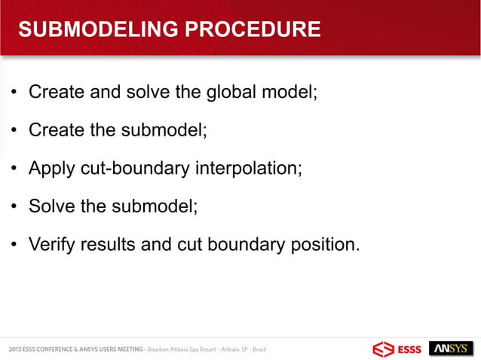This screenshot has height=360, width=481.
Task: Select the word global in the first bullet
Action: click(x=223, y=93)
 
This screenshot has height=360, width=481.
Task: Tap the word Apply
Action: click(x=52, y=168)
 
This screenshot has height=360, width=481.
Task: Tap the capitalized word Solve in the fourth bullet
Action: click(x=52, y=206)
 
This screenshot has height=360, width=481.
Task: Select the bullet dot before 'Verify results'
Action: click(x=14, y=245)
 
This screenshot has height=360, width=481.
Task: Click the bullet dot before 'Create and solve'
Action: click(x=14, y=93)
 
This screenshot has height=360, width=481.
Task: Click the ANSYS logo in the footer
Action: click(x=450, y=349)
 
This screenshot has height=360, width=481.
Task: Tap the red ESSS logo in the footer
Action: click(x=397, y=349)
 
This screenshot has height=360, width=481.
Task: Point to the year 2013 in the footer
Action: click(x=15, y=349)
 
